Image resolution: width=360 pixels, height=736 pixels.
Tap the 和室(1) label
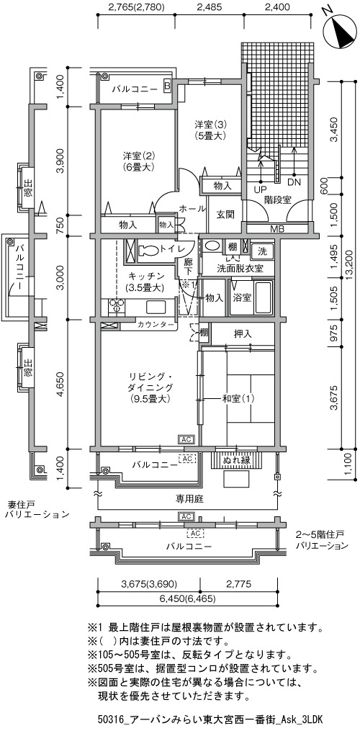(238, 399)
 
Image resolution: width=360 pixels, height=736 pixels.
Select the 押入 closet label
(243, 334)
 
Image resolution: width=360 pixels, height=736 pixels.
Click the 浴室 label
(242, 297)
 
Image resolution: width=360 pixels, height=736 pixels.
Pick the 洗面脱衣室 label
(239, 269)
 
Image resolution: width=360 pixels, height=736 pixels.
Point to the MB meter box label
(277, 228)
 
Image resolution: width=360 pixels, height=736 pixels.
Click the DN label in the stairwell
(294, 181)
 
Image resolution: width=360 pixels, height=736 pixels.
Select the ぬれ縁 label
(237, 460)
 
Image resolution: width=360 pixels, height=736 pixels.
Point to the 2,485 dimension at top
(210, 7)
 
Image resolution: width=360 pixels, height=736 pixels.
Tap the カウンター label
(156, 324)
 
